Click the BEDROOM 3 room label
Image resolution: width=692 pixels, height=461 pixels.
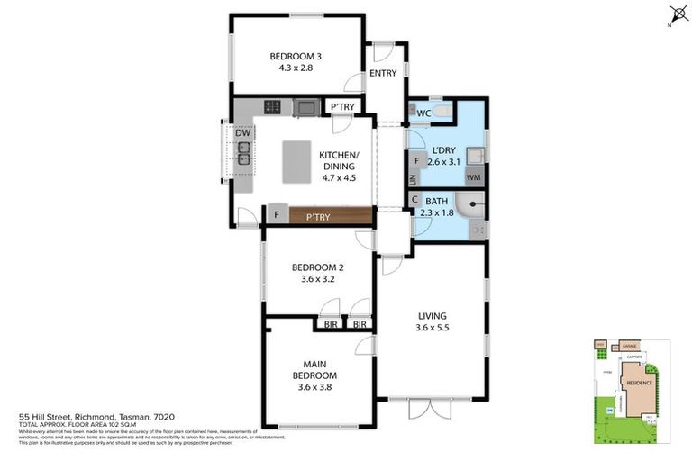tap(296, 57)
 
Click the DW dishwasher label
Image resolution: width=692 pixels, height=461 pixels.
tap(243, 133)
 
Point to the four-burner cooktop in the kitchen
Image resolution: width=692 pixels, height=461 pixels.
tap(272, 108)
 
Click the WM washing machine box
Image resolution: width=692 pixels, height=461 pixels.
tap(474, 178)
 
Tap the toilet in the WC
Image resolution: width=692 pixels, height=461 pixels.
tap(442, 113)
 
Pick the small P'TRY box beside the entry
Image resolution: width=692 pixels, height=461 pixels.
tap(341, 107)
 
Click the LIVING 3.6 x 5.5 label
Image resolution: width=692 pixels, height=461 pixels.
tap(432, 322)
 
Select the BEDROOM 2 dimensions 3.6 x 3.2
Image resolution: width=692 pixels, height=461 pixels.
tap(316, 279)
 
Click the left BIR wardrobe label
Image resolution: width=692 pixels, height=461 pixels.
tap(331, 324)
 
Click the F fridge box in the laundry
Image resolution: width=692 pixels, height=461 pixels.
tap(416, 162)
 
